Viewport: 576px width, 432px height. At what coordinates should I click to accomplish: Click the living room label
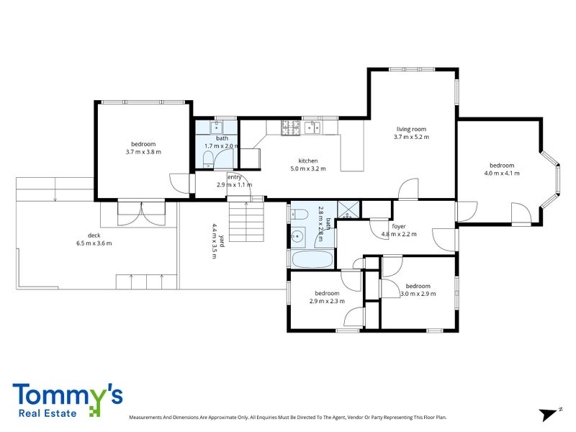411,129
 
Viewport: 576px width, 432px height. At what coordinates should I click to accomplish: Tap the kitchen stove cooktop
290,127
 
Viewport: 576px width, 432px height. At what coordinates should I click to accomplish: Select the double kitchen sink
312,127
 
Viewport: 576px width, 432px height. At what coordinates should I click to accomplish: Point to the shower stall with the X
349,210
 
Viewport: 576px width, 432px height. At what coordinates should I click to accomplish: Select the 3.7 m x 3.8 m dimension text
143,152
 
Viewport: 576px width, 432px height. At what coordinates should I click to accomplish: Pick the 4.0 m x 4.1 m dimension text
502,173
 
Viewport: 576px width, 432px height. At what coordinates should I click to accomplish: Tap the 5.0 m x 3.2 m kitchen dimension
308,168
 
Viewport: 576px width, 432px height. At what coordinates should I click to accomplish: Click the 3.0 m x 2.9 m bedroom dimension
418,294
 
